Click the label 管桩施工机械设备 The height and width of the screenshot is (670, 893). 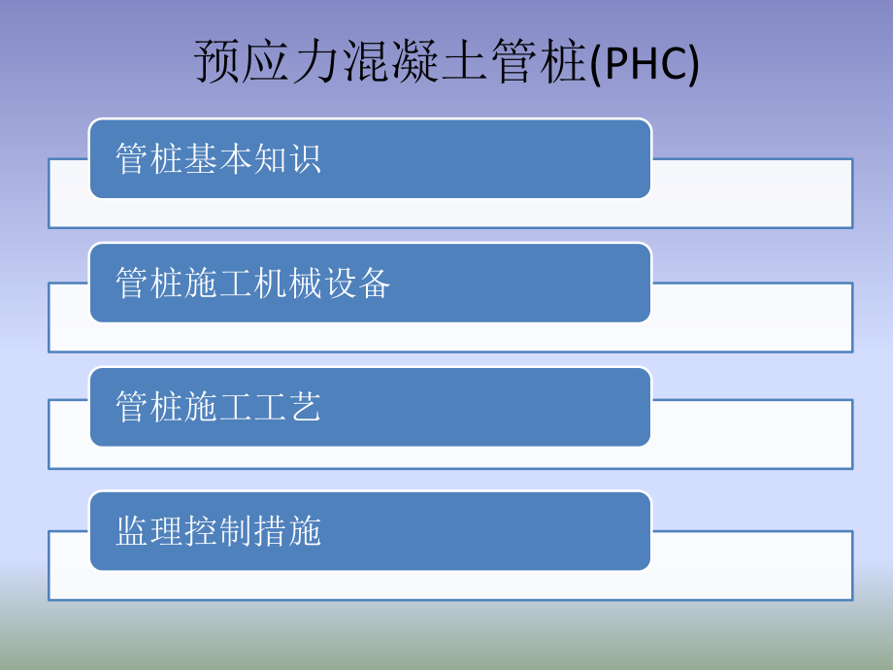pyautogui.click(x=253, y=284)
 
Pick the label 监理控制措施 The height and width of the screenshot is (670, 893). pyautogui.click(x=218, y=532)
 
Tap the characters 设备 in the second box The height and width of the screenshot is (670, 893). pyautogui.click(x=356, y=284)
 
